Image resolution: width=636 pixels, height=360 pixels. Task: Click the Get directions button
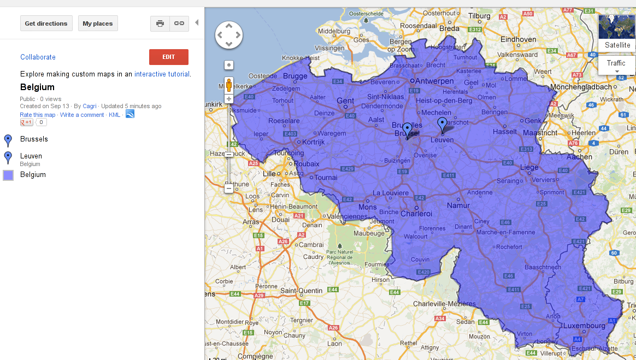click(x=46, y=23)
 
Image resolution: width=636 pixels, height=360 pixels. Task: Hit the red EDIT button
click(x=168, y=57)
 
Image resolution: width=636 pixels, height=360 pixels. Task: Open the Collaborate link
click(x=38, y=57)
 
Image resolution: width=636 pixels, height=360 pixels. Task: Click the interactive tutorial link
click(x=162, y=74)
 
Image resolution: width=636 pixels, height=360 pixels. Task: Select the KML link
click(x=114, y=115)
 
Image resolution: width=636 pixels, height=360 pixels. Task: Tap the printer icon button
click(x=160, y=23)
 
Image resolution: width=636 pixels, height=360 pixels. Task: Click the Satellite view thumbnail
click(x=617, y=33)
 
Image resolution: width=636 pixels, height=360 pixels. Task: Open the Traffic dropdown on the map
click(x=616, y=65)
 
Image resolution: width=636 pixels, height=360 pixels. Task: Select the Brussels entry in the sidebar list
click(x=34, y=139)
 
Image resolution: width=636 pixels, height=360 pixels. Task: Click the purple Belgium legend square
click(x=8, y=175)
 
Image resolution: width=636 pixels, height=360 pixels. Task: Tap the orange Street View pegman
click(x=229, y=85)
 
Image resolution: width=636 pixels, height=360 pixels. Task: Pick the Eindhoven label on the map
click(x=519, y=39)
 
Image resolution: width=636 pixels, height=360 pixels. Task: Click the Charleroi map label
click(x=417, y=214)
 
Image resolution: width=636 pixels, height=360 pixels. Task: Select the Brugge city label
click(x=296, y=76)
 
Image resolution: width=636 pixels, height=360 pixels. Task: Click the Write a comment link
click(x=82, y=115)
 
